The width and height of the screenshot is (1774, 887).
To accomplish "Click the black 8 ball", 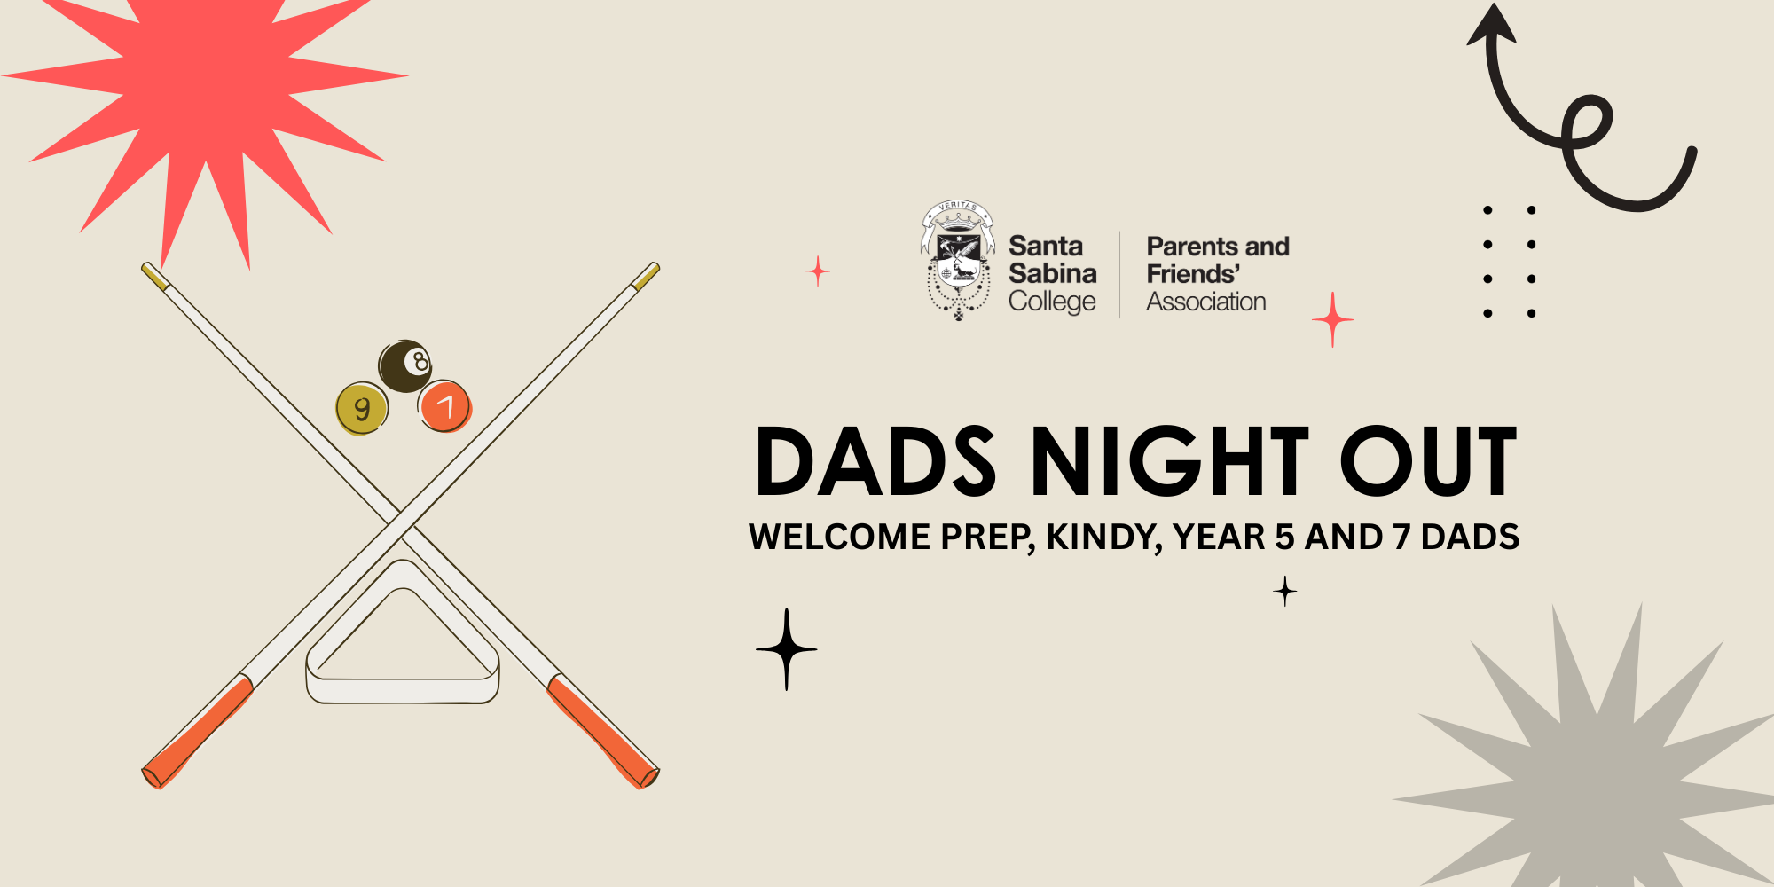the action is tap(405, 365).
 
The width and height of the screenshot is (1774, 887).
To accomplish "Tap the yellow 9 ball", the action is tap(362, 408).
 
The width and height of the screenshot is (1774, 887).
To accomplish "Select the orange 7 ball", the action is tap(444, 406).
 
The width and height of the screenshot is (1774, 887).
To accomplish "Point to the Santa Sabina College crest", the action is tap(958, 260).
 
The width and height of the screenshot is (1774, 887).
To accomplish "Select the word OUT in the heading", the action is tap(1428, 461).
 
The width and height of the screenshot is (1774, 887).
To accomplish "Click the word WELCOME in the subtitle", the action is tap(839, 538).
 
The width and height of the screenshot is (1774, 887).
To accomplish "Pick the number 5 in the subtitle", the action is tap(1284, 538).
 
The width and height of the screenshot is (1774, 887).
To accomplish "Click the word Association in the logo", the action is tap(1206, 302).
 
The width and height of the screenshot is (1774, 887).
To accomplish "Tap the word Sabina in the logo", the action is tap(1053, 273).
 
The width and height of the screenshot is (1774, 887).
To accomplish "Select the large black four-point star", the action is tap(787, 649).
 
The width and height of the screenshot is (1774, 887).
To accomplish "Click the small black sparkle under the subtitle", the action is tap(1285, 591).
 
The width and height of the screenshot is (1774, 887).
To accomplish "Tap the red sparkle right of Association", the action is tap(1332, 319).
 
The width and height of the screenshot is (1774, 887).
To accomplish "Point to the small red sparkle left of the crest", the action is tap(818, 271).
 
